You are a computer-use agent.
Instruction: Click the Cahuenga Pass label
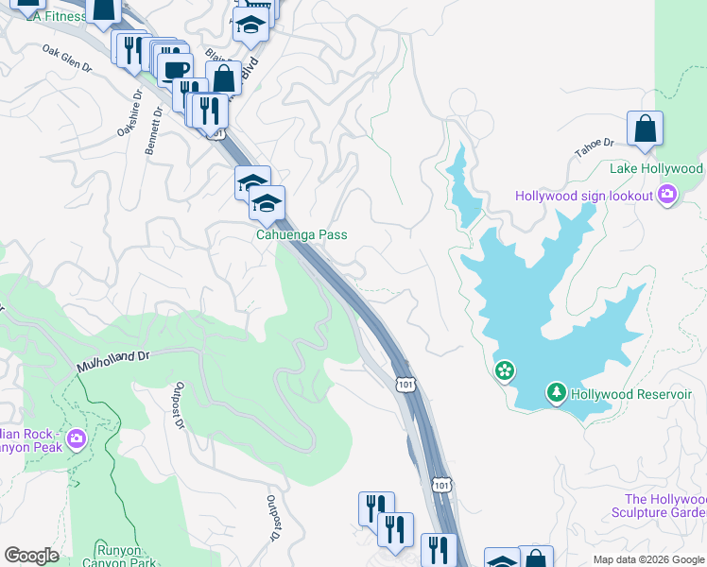pos(302,235)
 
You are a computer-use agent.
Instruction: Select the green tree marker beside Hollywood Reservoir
pos(557,391)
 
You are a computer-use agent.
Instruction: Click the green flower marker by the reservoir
pos(506,370)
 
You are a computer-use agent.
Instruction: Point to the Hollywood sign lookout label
pos(584,196)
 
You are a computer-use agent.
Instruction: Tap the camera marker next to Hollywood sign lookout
pos(668,195)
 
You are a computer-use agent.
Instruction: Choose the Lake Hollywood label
pos(656,168)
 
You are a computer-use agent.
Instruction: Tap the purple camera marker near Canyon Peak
pos(76,439)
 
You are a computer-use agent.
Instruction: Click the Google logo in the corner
pos(31,556)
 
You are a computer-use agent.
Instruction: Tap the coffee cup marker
pos(175,70)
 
